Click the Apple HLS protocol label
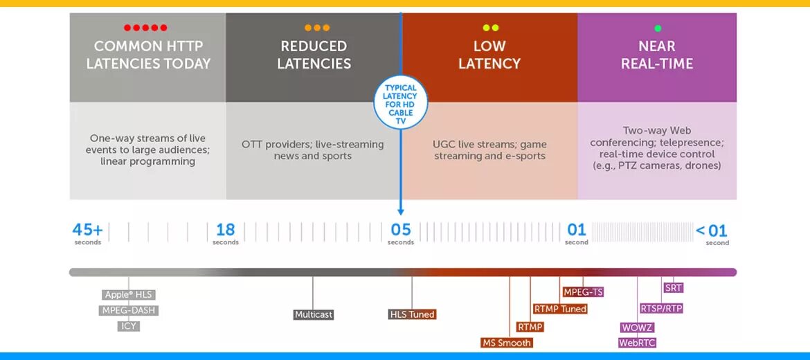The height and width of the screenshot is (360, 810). [128, 295]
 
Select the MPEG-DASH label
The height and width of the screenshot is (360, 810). [128, 311]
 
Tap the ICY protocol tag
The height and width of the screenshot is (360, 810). [128, 326]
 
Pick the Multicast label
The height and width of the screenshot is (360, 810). [314, 314]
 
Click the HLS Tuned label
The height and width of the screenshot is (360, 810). [412, 314]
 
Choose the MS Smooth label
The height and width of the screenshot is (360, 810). [506, 343]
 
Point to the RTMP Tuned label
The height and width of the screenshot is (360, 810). [560, 309]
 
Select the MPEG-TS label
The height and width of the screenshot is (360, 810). [583, 292]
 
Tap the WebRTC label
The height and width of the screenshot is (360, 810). [637, 343]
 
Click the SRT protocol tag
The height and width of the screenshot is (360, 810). [673, 288]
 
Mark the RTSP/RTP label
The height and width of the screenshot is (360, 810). [661, 309]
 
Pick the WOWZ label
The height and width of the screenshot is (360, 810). [637, 327]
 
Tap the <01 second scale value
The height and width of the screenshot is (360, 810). [712, 231]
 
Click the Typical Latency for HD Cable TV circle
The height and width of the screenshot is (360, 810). [401, 102]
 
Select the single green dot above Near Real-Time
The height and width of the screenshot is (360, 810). [657, 28]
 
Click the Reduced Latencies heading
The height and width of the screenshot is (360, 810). [314, 55]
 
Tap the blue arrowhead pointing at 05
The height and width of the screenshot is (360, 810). [401, 211]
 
